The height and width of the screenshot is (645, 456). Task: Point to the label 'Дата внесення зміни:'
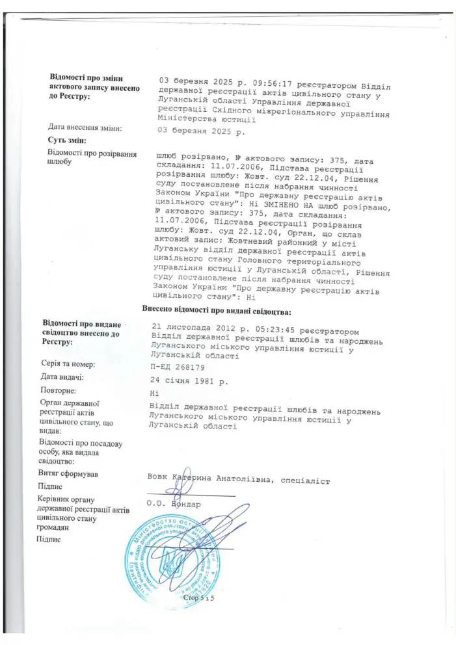tap(85, 127)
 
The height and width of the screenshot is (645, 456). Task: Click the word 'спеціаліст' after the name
tap(306, 481)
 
